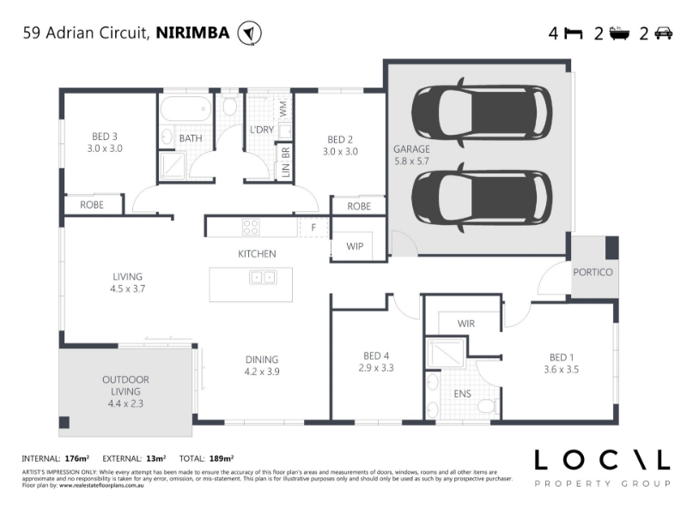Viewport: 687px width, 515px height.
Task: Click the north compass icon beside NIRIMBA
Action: click(249, 33)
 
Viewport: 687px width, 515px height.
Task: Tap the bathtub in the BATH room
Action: click(185, 109)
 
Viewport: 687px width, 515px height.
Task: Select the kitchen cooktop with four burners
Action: click(251, 227)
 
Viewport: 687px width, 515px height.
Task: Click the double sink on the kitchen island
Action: click(263, 277)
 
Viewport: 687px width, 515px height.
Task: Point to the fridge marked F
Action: click(313, 227)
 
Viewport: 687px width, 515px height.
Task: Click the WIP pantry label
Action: click(355, 246)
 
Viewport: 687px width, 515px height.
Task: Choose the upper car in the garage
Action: click(482, 112)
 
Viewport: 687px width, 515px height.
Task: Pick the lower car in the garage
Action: click(482, 197)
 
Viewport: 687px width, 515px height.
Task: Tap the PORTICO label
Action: click(593, 272)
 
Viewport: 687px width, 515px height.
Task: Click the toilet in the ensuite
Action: click(488, 406)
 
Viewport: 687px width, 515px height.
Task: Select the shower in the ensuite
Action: click(446, 353)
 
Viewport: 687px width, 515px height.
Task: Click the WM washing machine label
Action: click(283, 109)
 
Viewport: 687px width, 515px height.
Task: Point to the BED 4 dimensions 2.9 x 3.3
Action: click(376, 368)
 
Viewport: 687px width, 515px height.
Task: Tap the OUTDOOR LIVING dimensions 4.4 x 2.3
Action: click(125, 403)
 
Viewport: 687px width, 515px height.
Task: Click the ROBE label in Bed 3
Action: click(92, 205)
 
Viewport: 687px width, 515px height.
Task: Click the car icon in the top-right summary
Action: click(663, 33)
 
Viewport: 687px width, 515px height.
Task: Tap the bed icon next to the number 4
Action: click(574, 33)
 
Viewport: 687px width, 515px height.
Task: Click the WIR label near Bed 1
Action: click(465, 324)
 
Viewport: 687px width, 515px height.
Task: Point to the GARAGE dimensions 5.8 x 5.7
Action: click(411, 161)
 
